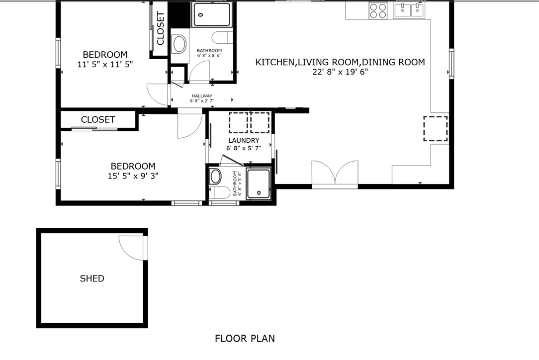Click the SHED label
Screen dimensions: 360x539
(92, 278)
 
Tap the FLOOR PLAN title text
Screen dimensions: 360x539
(244, 339)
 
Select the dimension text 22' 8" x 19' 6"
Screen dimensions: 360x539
(340, 72)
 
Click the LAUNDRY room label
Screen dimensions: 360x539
(244, 141)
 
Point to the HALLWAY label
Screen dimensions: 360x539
(202, 96)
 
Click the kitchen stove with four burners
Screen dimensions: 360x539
(378, 10)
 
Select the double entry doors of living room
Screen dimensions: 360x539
(335, 174)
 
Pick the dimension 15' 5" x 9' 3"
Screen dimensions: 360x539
(133, 176)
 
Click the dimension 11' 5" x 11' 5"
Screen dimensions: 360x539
(105, 64)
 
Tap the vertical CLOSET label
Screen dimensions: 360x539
(161, 29)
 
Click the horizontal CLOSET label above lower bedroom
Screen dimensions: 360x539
(98, 120)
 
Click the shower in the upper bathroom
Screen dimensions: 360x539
(212, 14)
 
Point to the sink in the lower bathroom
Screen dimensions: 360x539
(216, 176)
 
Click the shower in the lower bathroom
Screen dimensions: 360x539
(259, 182)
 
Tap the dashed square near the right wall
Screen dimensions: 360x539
(435, 128)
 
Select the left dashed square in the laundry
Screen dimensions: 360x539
(238, 123)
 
